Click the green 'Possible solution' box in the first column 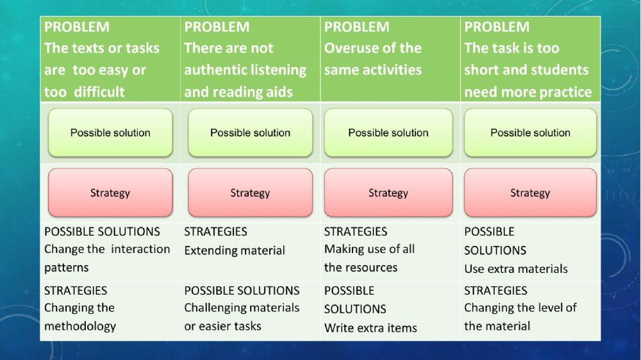(110, 133)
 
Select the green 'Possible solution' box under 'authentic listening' (250, 133)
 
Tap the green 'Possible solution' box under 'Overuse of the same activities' (388, 133)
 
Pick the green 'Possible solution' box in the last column (530, 133)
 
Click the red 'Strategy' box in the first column (110, 193)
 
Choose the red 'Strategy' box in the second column (250, 193)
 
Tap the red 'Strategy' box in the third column (388, 193)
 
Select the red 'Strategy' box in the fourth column (530, 193)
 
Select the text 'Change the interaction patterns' (106, 258)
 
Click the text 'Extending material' (235, 250)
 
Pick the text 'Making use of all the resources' (369, 258)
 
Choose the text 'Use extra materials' (516, 269)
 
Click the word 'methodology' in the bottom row (80, 326)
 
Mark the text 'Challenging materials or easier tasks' (242, 317)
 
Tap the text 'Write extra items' (370, 328)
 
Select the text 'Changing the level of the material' (520, 317)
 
